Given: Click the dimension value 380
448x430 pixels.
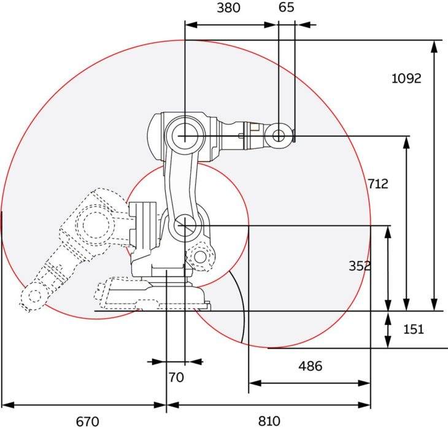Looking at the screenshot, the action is [x=228, y=8].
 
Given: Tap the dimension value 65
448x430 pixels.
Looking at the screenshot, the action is [x=286, y=7].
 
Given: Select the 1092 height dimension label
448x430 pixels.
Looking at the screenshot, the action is [x=406, y=79].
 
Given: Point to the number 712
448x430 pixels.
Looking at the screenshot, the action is [x=377, y=184].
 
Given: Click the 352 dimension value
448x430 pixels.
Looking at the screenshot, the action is [x=360, y=266].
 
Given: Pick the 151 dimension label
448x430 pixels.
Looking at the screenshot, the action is [x=414, y=329].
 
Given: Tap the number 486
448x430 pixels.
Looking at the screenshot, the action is [x=311, y=366].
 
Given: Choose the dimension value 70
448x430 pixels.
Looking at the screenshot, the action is [x=176, y=377].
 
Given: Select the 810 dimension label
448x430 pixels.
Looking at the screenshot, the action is [x=269, y=421].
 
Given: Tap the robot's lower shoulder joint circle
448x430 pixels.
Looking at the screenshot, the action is [x=185, y=226].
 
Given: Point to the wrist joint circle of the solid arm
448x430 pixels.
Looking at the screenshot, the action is [x=279, y=136].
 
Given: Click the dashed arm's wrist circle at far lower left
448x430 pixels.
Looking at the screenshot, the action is [x=34, y=296].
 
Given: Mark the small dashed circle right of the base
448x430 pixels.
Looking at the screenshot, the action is [x=200, y=257].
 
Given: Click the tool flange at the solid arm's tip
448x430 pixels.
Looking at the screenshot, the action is [x=295, y=136].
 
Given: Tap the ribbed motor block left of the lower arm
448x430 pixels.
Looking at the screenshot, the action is [x=142, y=225].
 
